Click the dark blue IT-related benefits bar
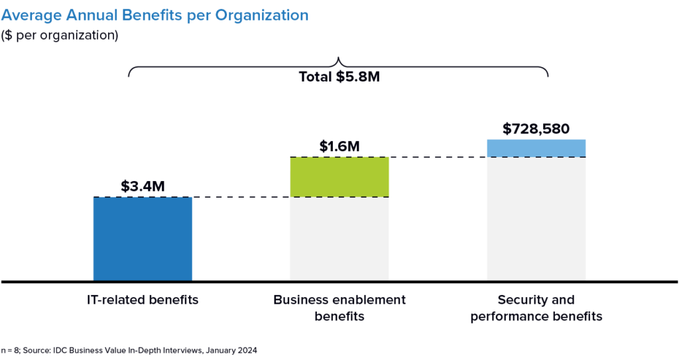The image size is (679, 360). pos(143,239)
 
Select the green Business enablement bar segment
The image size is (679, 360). pos(339,177)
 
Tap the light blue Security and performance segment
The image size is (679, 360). pos(536,149)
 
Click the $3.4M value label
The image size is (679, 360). pos(143,186)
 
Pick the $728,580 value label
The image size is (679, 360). pos(536,129)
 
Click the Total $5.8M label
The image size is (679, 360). pos(339,76)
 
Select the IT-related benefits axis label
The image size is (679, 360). pos(143,300)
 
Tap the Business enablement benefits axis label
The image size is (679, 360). pos(339,308)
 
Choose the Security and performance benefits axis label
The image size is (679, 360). pos(536,308)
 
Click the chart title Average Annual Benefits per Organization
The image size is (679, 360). pos(154,14)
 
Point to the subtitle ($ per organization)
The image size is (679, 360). pos(60,35)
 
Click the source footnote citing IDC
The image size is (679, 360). pos(129,349)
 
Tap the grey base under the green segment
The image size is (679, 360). pos(339,239)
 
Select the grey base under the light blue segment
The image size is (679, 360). pos(536,219)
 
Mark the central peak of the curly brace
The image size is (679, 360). pos(339,58)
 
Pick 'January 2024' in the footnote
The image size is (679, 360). pos(233,349)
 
